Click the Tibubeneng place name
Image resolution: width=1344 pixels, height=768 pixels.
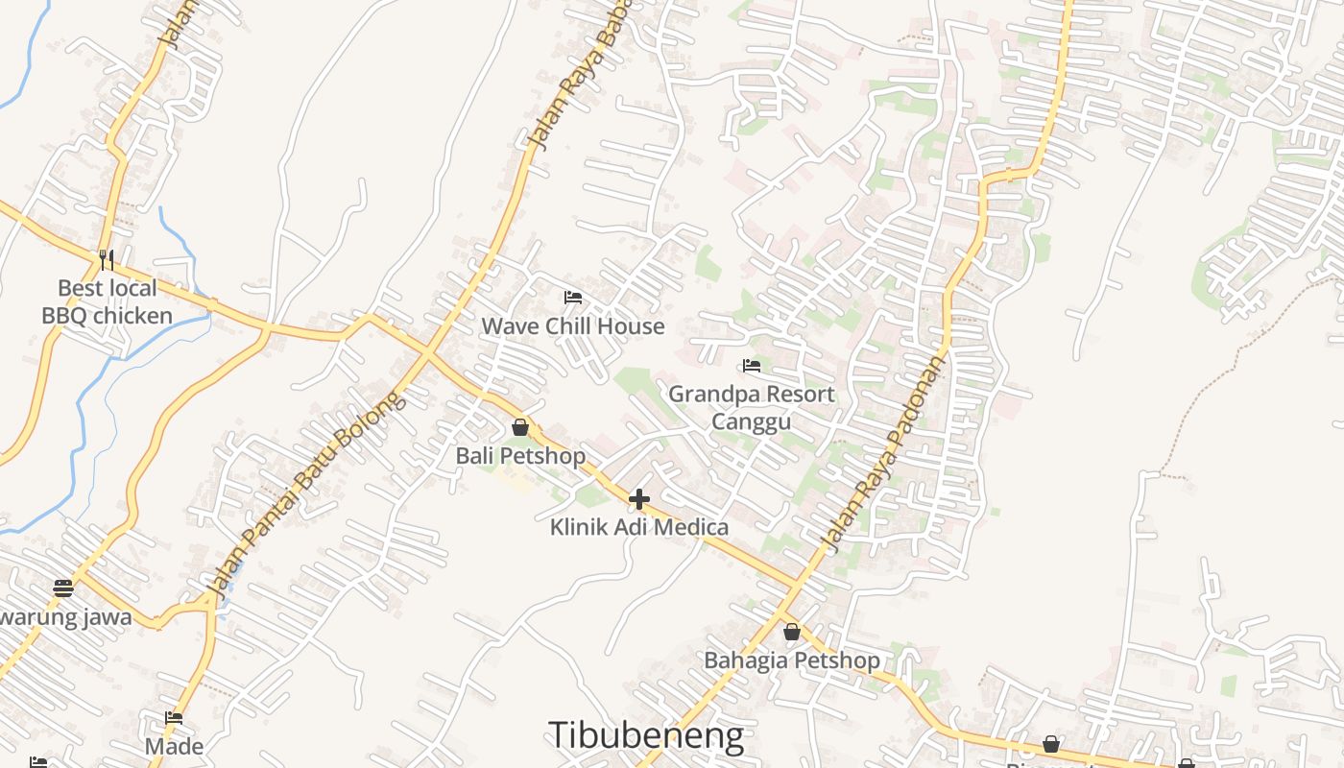(x=646, y=735)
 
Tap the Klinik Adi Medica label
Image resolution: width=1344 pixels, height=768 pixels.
(x=639, y=527)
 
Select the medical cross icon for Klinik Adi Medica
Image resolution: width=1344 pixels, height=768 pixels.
(x=639, y=499)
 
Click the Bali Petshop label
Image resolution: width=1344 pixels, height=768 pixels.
(x=520, y=455)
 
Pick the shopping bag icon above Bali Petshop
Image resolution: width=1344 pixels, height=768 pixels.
(x=520, y=427)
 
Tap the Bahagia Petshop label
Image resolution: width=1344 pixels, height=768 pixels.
(x=792, y=660)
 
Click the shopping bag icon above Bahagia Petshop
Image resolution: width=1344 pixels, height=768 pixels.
(x=792, y=632)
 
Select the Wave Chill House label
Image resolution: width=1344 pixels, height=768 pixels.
(x=573, y=326)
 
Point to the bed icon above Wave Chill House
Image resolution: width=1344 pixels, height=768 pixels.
(x=573, y=298)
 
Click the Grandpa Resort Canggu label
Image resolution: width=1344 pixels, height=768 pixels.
(x=752, y=407)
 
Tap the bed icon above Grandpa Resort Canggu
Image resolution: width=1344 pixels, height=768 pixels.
(x=752, y=366)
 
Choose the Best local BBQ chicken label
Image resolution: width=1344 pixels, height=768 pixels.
(x=107, y=301)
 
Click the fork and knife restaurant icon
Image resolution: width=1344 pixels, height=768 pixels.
(x=107, y=259)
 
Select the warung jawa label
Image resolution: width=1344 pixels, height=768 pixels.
(x=65, y=616)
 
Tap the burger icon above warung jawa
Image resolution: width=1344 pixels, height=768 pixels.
(x=63, y=588)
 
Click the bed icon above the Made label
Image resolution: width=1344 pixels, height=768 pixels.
(x=174, y=718)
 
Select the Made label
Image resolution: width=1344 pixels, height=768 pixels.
(x=174, y=746)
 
